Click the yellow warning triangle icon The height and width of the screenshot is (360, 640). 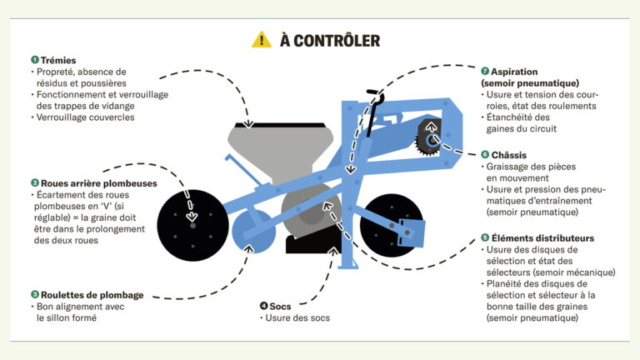click(x=262, y=39)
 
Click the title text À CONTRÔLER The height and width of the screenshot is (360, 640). click(x=330, y=40)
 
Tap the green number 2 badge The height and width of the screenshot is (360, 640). click(x=35, y=182)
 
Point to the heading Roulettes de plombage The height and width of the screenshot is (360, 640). click(x=92, y=294)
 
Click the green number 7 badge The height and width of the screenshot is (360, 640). click(x=484, y=72)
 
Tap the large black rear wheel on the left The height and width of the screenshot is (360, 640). click(x=192, y=222)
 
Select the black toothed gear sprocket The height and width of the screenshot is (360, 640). click(x=430, y=137)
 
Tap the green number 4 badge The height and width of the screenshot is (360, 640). click(x=263, y=306)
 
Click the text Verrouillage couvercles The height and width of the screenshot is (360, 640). click(x=87, y=117)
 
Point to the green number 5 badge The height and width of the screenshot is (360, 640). click(x=484, y=237)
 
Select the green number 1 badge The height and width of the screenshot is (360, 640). click(x=35, y=60)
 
